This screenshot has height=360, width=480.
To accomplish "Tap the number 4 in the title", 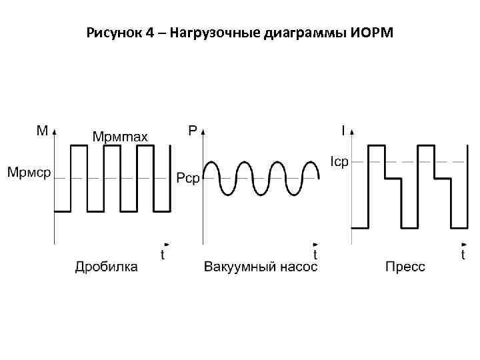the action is tap(149, 33).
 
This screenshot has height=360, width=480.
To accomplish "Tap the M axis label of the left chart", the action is tap(41, 131).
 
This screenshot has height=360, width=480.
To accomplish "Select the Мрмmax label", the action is tap(120, 137).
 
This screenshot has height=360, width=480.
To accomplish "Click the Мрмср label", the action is tap(29, 173).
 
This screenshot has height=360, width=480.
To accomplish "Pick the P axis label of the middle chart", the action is tap(193, 131).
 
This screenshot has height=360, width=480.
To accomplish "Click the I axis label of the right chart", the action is tap(343, 131).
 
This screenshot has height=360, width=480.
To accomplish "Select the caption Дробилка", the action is tap(107, 267).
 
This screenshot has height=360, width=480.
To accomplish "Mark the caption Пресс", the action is tap(405, 267).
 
